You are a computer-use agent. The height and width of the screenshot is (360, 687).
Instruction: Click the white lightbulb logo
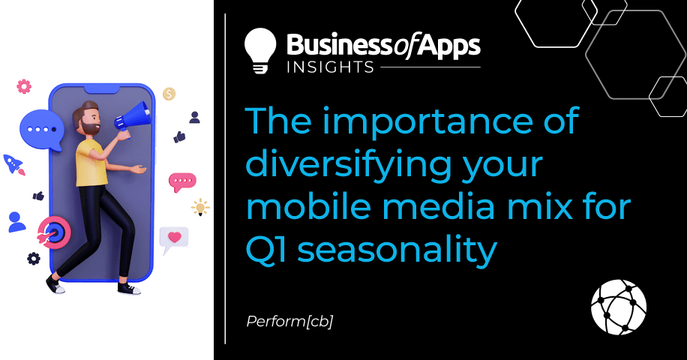click(260, 50)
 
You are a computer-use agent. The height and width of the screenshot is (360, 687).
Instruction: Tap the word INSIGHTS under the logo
click(330, 67)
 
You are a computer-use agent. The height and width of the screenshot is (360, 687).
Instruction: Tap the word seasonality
click(397, 252)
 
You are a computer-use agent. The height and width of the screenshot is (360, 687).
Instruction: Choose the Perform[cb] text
click(289, 322)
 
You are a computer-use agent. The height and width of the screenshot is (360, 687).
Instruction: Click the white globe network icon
click(618, 307)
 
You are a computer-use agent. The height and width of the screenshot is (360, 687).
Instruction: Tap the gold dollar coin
click(169, 94)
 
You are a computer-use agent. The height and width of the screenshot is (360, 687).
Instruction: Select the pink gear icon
click(24, 86)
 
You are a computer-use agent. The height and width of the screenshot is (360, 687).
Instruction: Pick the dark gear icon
click(34, 259)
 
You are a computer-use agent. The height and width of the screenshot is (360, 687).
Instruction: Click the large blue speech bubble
click(41, 130)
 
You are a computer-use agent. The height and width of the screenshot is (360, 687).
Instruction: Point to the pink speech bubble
click(181, 181)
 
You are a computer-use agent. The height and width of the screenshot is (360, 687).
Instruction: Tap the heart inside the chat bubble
click(175, 237)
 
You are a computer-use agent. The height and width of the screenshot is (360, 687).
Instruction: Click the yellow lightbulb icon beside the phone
click(200, 207)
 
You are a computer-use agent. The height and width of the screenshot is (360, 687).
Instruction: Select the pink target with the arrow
click(54, 232)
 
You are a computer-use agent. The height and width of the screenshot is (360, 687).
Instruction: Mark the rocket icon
click(13, 165)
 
